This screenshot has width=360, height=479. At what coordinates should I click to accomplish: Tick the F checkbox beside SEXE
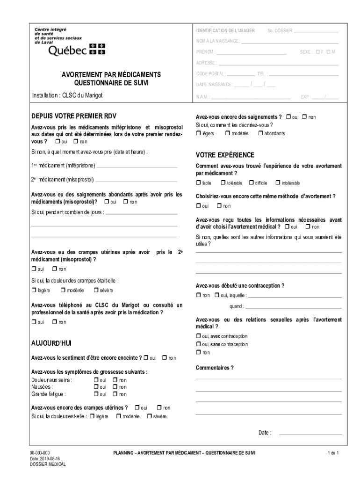click(x=318, y=51)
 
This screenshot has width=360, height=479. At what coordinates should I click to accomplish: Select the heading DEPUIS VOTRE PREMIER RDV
click(x=74, y=116)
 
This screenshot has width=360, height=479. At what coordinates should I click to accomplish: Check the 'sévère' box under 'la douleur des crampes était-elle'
click(x=96, y=290)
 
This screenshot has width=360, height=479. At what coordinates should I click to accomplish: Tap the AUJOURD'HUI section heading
click(x=51, y=343)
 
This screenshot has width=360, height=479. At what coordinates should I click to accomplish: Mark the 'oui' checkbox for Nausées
click(x=96, y=387)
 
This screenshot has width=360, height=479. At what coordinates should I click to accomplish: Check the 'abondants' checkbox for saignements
click(x=260, y=133)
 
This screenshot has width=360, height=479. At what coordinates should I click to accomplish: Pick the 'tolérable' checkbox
click(x=223, y=182)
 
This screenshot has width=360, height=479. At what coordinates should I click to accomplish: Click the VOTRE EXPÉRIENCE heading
click(x=225, y=155)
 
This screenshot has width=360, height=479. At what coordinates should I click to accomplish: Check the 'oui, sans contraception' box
click(x=198, y=344)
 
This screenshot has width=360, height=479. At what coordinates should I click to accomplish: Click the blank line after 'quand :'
click(x=293, y=307)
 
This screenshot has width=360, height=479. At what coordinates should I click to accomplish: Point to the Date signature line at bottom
click(x=310, y=433)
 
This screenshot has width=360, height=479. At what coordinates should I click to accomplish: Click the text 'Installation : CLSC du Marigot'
click(x=67, y=95)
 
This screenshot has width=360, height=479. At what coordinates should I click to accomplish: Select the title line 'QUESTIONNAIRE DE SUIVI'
click(x=111, y=83)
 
